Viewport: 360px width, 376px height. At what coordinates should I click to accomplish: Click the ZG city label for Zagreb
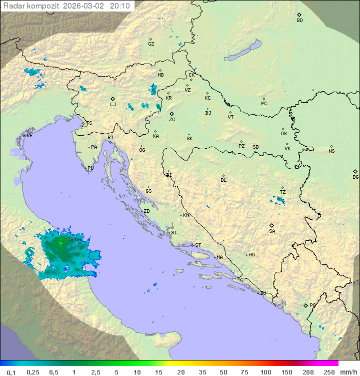pyautogui.click(x=172, y=120)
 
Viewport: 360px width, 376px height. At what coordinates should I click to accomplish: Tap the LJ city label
pyautogui.click(x=113, y=105)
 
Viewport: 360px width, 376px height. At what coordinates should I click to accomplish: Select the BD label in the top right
pyautogui.click(x=299, y=21)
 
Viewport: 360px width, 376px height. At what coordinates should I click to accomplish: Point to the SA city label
pyautogui.click(x=272, y=231)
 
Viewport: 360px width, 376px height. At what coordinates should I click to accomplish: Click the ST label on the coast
pyautogui.click(x=198, y=245)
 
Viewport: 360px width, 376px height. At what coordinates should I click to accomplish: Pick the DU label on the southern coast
pyautogui.click(x=263, y=293)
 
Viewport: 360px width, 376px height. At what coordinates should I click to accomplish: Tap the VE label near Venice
pyautogui.click(x=29, y=136)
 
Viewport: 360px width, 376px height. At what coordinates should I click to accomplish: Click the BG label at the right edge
pyautogui.click(x=355, y=177)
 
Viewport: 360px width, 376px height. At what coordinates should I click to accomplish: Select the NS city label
pyautogui.click(x=331, y=151)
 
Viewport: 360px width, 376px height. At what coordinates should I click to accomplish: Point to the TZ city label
pyautogui.click(x=283, y=192)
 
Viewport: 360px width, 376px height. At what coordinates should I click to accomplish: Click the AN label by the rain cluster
pyautogui.click(x=77, y=240)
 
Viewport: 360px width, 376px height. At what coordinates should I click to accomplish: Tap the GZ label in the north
pyautogui.click(x=151, y=44)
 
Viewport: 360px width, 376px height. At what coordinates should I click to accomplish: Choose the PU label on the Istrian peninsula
pyautogui.click(x=90, y=168)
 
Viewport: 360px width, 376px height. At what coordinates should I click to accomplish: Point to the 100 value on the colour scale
pyautogui.click(x=265, y=372)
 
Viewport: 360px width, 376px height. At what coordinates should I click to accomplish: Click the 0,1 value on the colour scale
pyautogui.click(x=11, y=372)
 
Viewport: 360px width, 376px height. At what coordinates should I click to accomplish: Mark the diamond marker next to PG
pyautogui.click(x=305, y=305)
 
